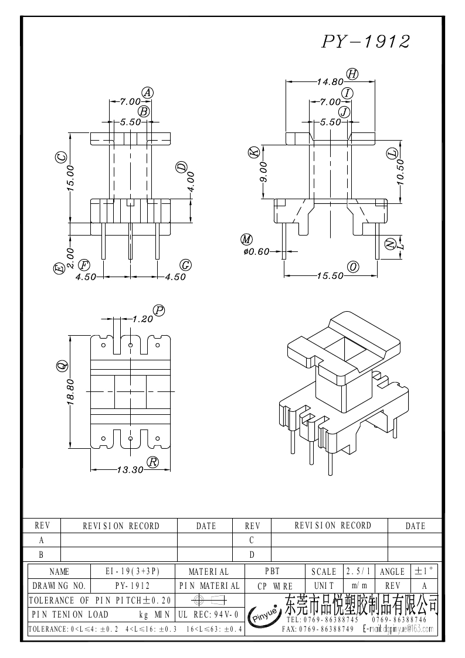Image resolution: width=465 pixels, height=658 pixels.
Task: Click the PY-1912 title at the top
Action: click(365, 42)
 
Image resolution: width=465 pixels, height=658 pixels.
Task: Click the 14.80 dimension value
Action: click(330, 82)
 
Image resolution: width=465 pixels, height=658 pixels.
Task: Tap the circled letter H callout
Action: click(352, 74)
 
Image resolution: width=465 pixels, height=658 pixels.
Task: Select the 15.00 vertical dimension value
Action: click(70, 177)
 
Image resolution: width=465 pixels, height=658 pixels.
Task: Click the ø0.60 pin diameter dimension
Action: click(256, 251)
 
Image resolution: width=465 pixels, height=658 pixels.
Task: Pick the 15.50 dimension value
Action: click(330, 275)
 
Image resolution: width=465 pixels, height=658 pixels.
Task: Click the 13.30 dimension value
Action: click(130, 469)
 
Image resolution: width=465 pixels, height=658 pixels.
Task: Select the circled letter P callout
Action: click(159, 310)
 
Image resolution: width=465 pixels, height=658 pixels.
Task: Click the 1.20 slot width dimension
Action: click(142, 319)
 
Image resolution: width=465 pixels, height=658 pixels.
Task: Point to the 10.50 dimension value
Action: click(400, 172)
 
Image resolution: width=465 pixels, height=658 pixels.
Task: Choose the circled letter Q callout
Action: click(60, 366)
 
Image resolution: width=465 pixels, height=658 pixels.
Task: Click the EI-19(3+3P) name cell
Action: click(133, 571)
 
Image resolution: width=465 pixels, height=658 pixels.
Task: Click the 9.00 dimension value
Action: click(264, 172)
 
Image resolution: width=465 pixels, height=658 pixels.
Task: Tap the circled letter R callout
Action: click(153, 462)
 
